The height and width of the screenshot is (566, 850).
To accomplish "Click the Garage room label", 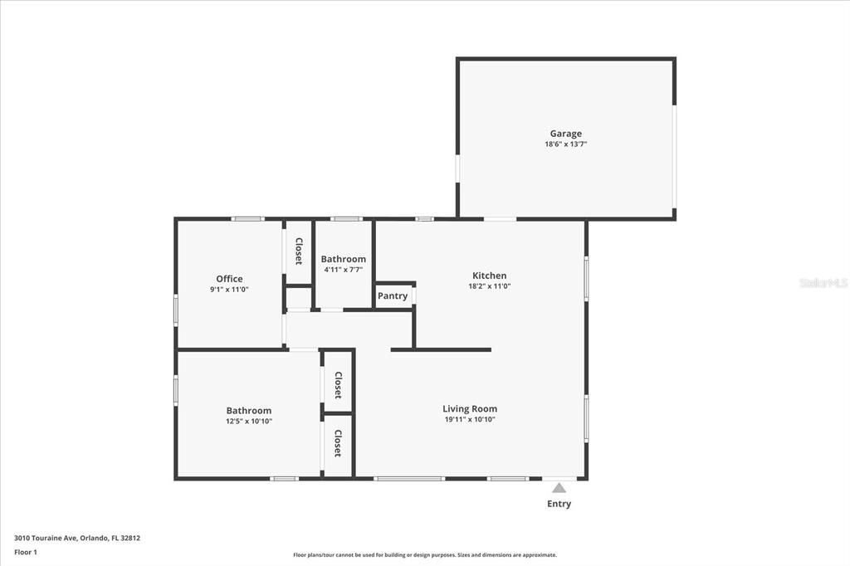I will (565, 134).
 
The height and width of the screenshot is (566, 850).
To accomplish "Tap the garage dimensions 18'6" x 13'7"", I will (565, 144).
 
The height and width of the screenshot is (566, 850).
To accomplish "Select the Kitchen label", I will (489, 276).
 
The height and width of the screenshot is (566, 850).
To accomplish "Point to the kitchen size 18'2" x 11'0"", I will (489, 286).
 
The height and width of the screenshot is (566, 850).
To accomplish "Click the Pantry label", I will (393, 296).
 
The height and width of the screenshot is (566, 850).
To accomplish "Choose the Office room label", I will (229, 279).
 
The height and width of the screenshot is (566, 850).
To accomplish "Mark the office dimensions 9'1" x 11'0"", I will (229, 290).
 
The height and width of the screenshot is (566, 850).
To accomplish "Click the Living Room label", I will (470, 408).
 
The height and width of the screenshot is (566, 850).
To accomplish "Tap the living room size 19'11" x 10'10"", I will (470, 420).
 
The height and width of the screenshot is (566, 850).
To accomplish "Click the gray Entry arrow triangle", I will (559, 488).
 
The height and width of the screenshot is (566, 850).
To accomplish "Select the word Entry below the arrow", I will (559, 504).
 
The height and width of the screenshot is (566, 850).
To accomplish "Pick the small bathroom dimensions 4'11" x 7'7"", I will (343, 270).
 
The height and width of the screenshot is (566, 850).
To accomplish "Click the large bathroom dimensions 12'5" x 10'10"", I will (249, 422).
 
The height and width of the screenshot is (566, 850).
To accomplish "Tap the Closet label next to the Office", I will (298, 251).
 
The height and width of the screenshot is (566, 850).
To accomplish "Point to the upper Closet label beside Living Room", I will (338, 385).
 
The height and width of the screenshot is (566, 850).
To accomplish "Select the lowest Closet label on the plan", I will (338, 443).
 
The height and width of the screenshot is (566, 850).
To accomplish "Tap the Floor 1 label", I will (26, 552).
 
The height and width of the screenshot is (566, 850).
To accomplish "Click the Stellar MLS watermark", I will (823, 283).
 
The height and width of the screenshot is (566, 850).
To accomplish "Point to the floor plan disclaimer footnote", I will (424, 555).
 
